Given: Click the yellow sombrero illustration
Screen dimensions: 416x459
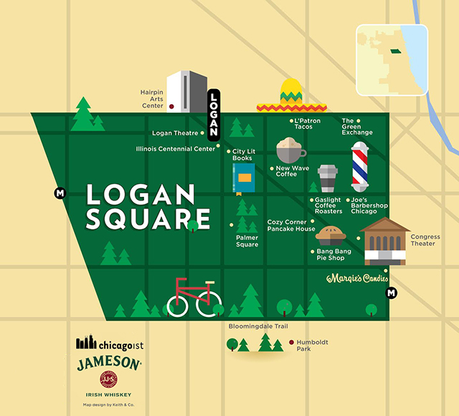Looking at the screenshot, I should pyautogui.click(x=290, y=97).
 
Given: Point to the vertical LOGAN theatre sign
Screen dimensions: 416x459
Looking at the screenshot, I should pyautogui.click(x=213, y=113).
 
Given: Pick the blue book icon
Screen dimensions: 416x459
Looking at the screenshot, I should pyautogui.click(x=244, y=177).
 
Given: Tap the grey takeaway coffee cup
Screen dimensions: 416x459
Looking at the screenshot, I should pyautogui.click(x=327, y=179).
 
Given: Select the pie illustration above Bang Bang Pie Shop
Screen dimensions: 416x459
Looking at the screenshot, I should pyautogui.click(x=331, y=234).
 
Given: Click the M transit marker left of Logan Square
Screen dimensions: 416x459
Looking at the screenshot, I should pyautogui.click(x=60, y=193).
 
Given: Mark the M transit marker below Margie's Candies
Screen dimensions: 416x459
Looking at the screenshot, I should pyautogui.click(x=392, y=292).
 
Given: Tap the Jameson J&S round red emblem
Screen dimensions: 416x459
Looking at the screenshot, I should pyautogui.click(x=108, y=381).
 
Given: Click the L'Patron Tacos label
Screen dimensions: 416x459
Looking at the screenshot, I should pyautogui.click(x=307, y=124).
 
